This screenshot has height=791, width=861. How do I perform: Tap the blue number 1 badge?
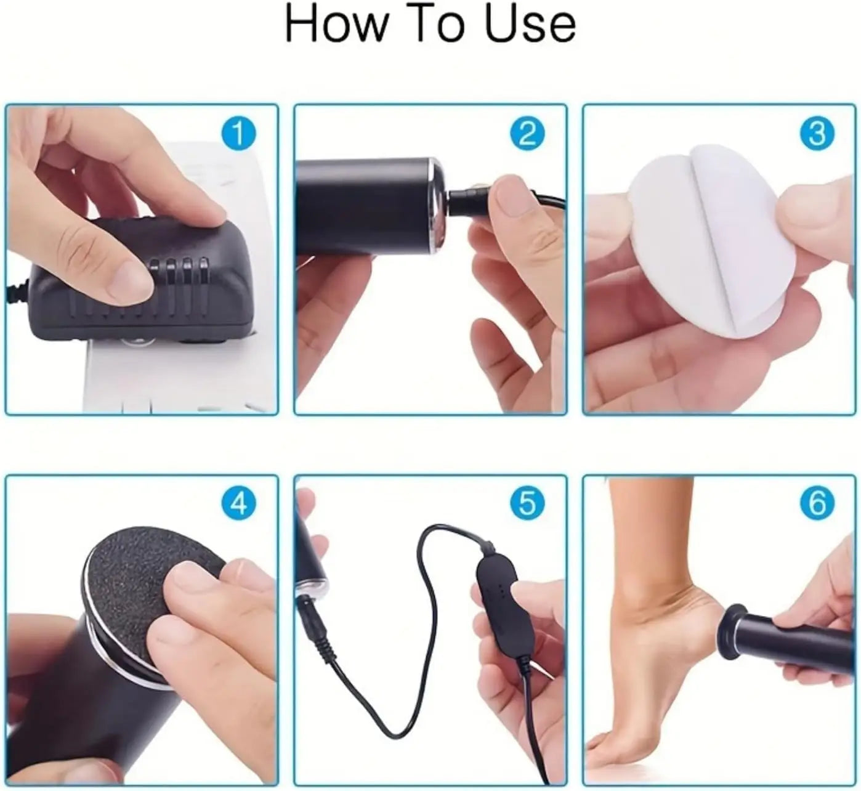(238, 134)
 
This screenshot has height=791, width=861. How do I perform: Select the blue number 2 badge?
(527, 134)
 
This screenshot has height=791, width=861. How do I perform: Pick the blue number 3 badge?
(817, 134)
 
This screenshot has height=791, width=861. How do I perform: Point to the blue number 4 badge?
(238, 503)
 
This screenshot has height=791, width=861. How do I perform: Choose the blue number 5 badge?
(527, 503)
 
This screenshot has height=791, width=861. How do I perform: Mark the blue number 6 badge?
(817, 503)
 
